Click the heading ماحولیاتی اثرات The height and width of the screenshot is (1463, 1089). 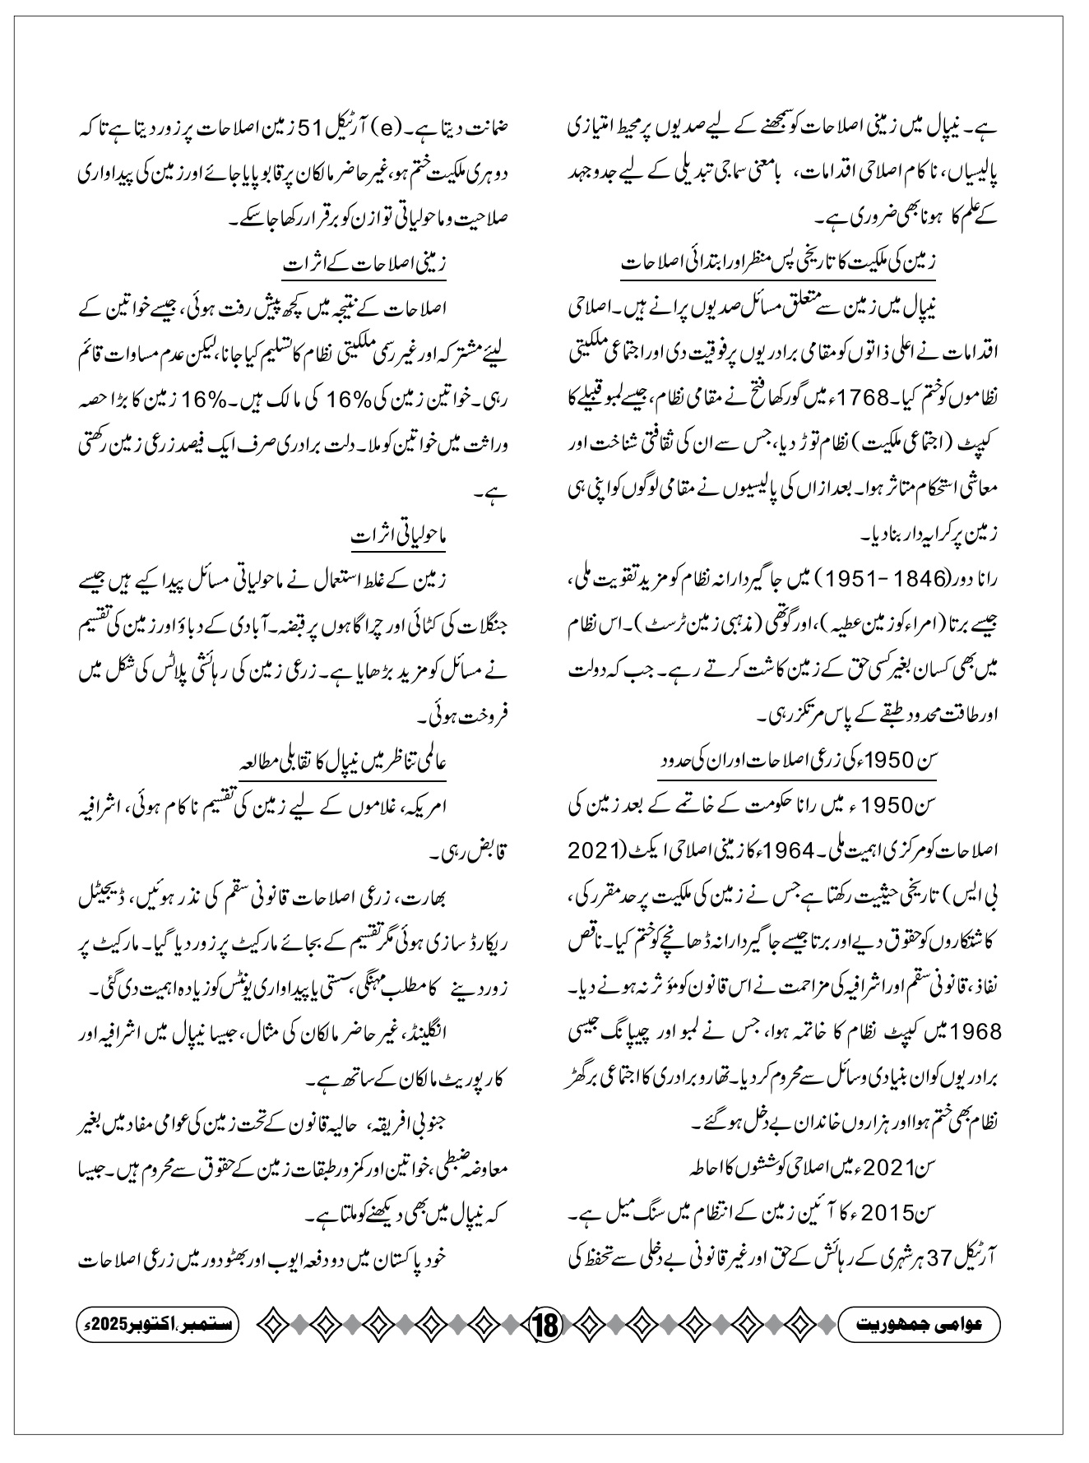click(398, 536)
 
